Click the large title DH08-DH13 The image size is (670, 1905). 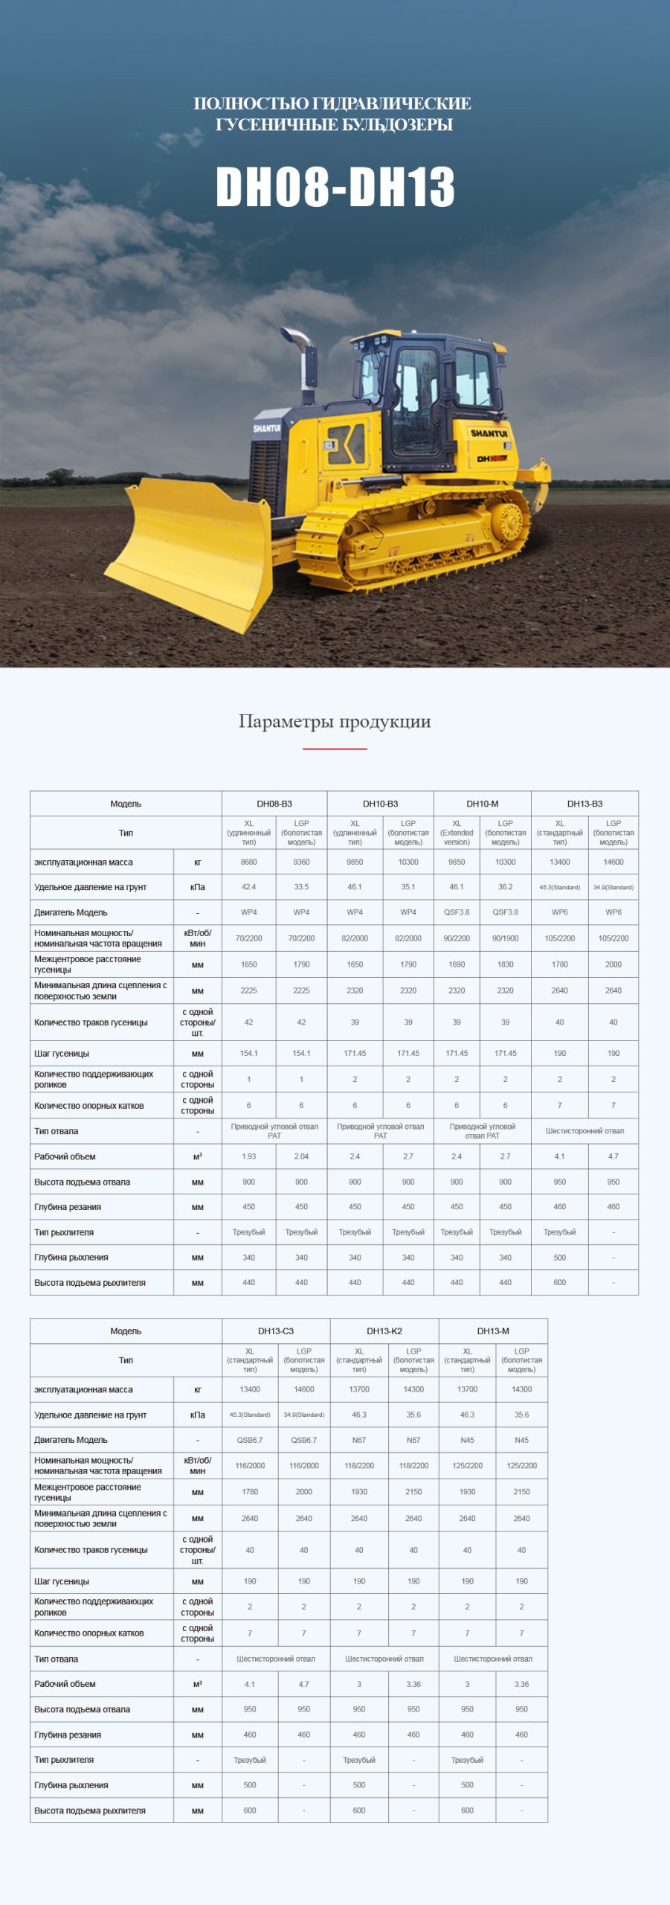coord(335,186)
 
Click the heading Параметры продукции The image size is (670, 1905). coord(335,721)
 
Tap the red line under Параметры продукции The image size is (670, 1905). coord(335,748)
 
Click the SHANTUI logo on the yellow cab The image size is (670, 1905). coord(489,433)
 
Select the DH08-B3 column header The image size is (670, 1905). coord(274,804)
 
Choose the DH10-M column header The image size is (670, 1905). coord(483,804)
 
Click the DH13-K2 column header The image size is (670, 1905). coord(384,1331)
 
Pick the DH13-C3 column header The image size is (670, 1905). coord(276,1331)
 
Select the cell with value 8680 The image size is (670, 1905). coord(248,862)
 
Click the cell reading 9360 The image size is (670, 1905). coord(301,862)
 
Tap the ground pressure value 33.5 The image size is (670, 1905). coord(301,887)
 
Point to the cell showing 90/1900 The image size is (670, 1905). coord(505,938)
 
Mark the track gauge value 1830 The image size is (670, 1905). coord(505,964)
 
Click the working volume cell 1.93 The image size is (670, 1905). coord(248,1156)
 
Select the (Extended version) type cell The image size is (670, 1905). coord(457,833)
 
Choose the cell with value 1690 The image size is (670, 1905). coord(457,964)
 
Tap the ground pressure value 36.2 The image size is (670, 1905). coord(505,887)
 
